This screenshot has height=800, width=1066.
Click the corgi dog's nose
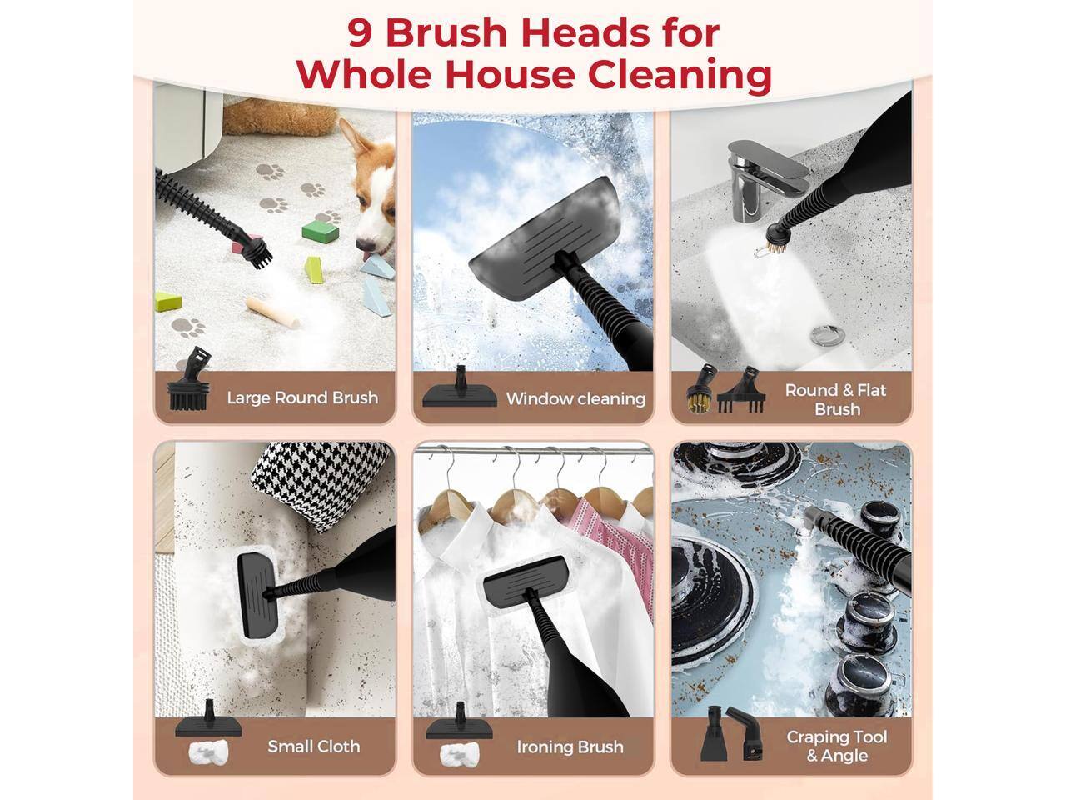[x=364, y=246]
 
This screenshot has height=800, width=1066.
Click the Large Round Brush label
[x=301, y=398]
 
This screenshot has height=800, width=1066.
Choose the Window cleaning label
[x=575, y=399]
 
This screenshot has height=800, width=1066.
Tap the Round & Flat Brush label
[x=836, y=399]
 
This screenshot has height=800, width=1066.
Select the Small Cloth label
[x=313, y=746]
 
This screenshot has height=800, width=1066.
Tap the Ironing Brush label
[x=570, y=747]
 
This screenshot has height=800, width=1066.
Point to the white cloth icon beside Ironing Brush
[x=459, y=757]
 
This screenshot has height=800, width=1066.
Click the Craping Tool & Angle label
[x=836, y=746]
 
